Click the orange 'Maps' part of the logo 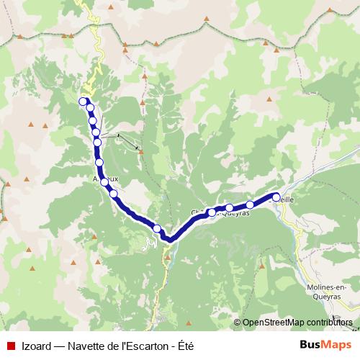pyautogui.click(x=336, y=345)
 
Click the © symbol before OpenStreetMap pyautogui.click(x=236, y=323)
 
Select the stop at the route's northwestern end pyautogui.click(x=84, y=102)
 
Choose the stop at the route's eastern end pyautogui.click(x=276, y=197)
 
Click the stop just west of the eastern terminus pyautogui.click(x=250, y=204)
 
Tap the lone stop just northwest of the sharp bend pyautogui.click(x=157, y=228)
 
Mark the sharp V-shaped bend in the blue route pyautogui.click(x=167, y=239)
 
